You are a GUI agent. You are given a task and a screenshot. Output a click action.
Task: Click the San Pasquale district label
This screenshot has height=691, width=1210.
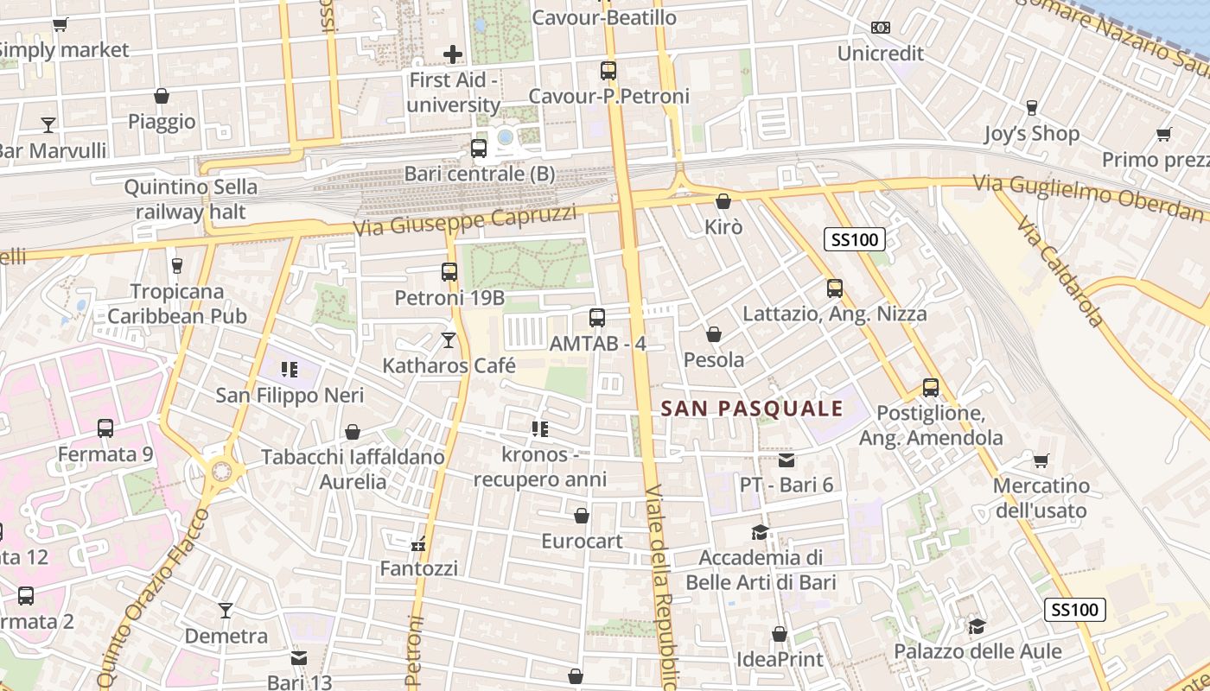point(752,409)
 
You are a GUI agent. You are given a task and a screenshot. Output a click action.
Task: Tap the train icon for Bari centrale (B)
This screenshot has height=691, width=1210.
point(479,148)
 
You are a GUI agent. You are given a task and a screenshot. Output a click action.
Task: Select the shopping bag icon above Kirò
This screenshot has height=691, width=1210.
point(723,201)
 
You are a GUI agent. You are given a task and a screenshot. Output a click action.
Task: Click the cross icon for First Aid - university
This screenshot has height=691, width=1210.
point(453,55)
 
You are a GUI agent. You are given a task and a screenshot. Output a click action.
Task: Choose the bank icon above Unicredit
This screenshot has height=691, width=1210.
point(881,28)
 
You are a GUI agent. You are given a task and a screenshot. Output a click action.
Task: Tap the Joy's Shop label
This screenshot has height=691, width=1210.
point(1031,134)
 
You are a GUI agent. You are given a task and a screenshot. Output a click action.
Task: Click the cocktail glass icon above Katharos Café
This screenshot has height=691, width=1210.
point(449,340)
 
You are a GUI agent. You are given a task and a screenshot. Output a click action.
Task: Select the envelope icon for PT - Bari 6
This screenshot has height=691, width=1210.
point(786,460)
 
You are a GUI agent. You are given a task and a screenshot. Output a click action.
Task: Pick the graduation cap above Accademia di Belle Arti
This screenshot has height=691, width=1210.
point(761,532)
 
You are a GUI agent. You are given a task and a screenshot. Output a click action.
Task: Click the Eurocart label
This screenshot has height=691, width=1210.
point(582,542)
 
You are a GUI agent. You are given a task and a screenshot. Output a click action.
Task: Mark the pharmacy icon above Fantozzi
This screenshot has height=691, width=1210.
point(419,544)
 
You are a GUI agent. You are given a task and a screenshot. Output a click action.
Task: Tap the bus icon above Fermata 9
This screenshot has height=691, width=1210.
point(105,428)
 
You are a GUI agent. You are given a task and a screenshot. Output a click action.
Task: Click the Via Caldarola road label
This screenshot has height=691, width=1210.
point(1060,273)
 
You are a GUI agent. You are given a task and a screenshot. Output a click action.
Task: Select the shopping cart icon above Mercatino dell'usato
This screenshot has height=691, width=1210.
point(1041,460)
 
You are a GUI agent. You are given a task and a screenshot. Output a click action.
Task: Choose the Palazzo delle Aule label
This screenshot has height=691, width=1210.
point(978,651)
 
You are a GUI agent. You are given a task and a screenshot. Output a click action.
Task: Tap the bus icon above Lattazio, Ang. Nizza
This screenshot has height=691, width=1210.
point(835,288)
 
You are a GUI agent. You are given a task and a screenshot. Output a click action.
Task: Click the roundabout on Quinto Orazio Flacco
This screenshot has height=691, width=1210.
point(222,471)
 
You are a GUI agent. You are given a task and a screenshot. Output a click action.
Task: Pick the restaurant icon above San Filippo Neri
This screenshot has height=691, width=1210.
point(290,371)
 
